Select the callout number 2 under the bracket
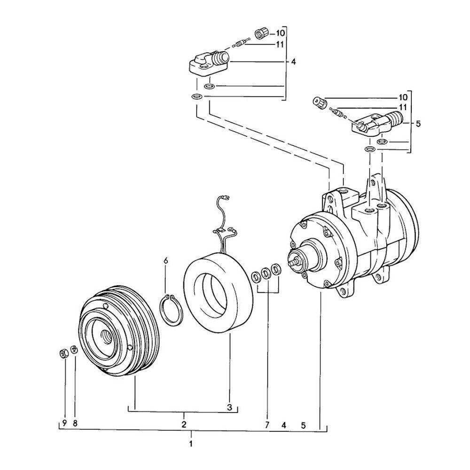tap(184, 424)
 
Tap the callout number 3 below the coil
tap(230, 407)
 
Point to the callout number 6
tap(166, 260)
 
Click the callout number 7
tap(267, 424)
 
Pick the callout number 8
tap(75, 423)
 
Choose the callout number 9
tap(64, 423)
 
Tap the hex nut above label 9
tap(63, 354)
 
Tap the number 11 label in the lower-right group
tap(403, 107)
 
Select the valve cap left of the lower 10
tap(320, 103)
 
